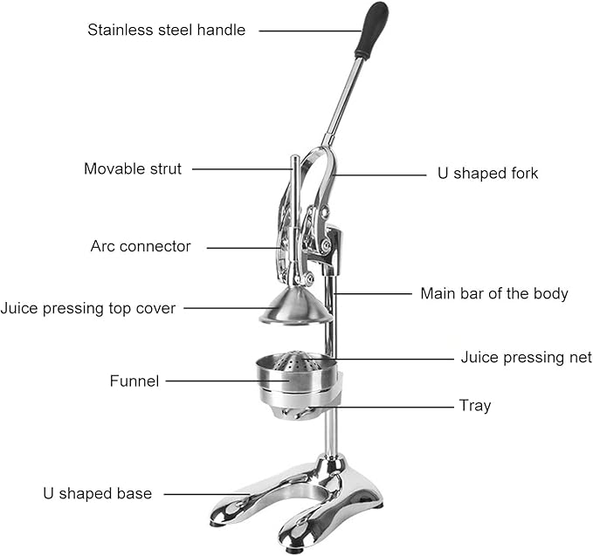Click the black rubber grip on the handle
[372, 30]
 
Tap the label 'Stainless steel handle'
[167, 30]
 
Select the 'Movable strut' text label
[133, 168]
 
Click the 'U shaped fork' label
[487, 173]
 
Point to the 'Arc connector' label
[141, 246]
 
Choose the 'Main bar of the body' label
[494, 293]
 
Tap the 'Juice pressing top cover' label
[88, 308]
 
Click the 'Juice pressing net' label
[527, 357]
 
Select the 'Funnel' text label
[134, 381]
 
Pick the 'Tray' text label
[475, 406]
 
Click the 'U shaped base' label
[98, 493]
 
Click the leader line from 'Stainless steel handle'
[310, 31]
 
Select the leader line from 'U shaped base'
[207, 494]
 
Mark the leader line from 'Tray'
[381, 407]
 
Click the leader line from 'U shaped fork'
[380, 175]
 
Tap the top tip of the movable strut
[294, 156]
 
